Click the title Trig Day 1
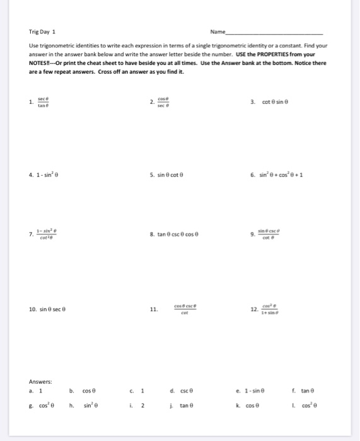tap(42, 31)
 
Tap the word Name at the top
tap(219, 31)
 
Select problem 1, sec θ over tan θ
tap(43, 103)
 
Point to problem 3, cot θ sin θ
tap(270, 102)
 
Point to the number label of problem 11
tap(153, 309)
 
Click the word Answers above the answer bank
tap(40, 381)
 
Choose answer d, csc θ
tap(182, 390)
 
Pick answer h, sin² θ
tap(92, 406)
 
